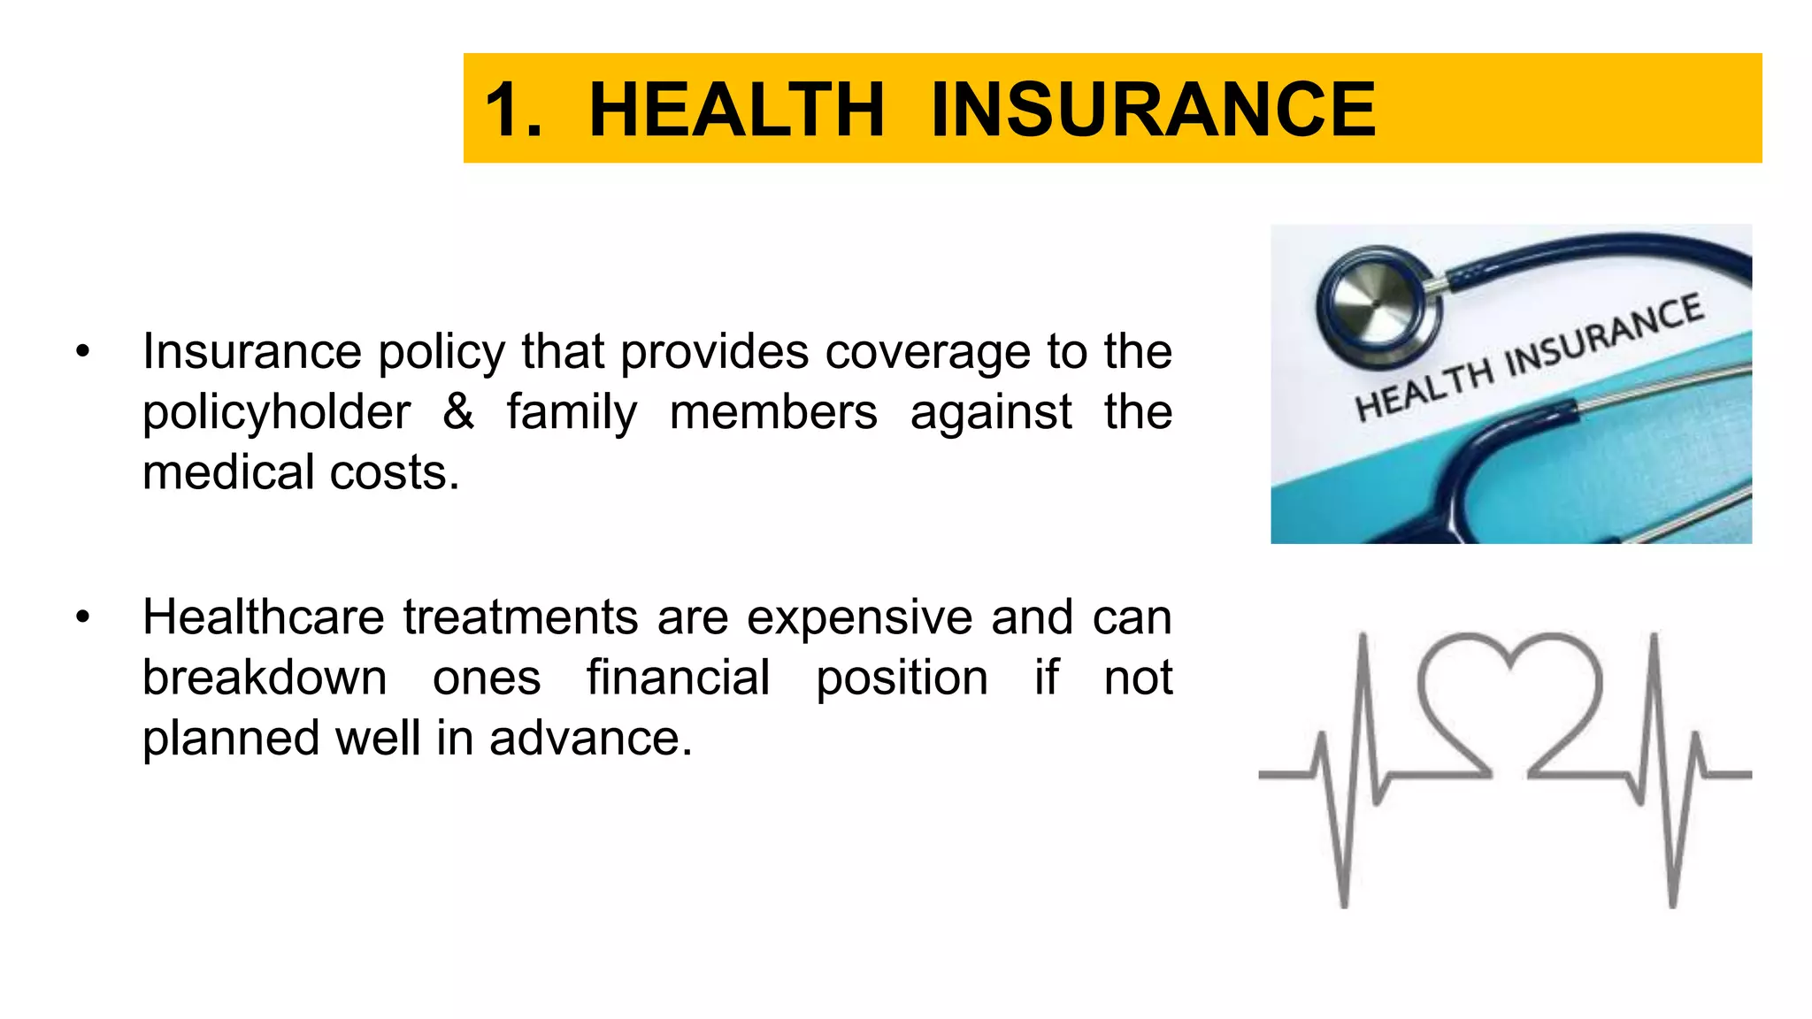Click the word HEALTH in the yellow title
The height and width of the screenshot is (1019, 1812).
pyautogui.click(x=736, y=110)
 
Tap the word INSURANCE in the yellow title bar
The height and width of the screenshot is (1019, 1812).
pyautogui.click(x=1153, y=110)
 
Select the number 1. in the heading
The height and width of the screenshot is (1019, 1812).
pyautogui.click(x=513, y=110)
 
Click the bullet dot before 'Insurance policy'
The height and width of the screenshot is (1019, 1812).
pyautogui.click(x=83, y=352)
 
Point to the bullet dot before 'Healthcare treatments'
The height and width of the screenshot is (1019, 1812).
pyautogui.click(x=83, y=617)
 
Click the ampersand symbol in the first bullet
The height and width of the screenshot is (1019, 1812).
pyautogui.click(x=458, y=412)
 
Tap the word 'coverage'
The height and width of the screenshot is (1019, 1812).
pyautogui.click(x=928, y=352)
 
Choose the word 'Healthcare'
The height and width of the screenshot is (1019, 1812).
pyautogui.click(x=264, y=617)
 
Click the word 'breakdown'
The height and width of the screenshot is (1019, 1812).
pyautogui.click(x=265, y=678)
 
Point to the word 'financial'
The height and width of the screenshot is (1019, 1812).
pyautogui.click(x=678, y=678)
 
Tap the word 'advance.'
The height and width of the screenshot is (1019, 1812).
pyautogui.click(x=590, y=739)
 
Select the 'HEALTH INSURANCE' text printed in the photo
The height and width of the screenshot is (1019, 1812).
pyautogui.click(x=1529, y=358)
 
